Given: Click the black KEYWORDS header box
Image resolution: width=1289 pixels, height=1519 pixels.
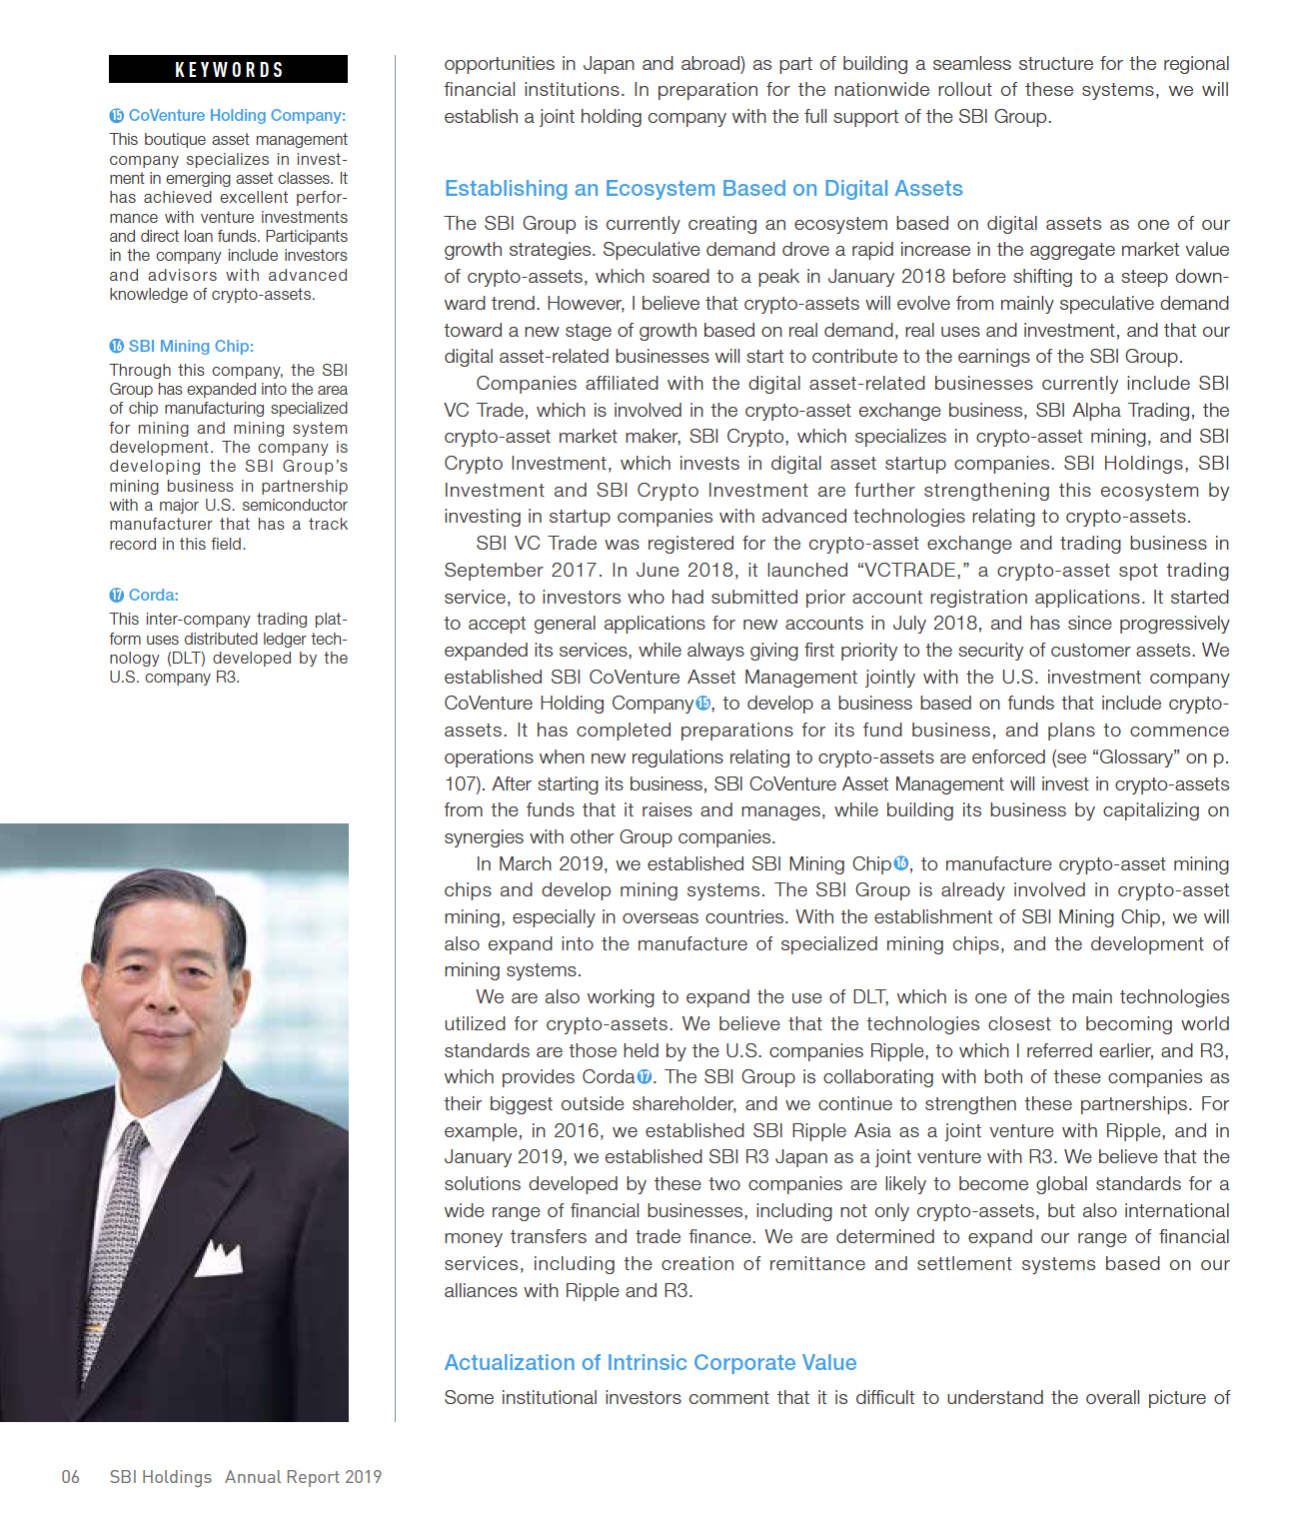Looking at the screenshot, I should click(x=228, y=69).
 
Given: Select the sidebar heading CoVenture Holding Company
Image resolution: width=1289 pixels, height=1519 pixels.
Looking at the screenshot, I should click(x=236, y=116).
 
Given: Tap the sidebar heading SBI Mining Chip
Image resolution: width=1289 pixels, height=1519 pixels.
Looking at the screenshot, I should click(x=191, y=347).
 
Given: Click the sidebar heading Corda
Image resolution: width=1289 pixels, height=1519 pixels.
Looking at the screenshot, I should click(x=153, y=596).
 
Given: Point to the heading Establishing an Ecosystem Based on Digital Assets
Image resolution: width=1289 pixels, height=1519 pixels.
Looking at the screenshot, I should click(x=702, y=189).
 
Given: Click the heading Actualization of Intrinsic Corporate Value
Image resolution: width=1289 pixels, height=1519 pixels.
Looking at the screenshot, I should click(x=649, y=1363).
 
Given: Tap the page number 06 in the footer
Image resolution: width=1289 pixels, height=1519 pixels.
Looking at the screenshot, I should click(x=70, y=1477).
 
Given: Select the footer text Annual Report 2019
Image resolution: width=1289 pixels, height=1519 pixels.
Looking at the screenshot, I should click(x=303, y=1477).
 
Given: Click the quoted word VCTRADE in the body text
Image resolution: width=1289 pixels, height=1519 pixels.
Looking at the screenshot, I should click(x=913, y=571).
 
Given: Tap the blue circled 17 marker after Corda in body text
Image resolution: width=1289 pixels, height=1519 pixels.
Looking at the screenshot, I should click(x=644, y=1077).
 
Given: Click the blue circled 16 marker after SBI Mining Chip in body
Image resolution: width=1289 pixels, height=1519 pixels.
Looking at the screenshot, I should click(x=901, y=864).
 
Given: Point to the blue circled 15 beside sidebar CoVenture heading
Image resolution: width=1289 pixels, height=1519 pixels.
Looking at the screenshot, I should click(x=117, y=116).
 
